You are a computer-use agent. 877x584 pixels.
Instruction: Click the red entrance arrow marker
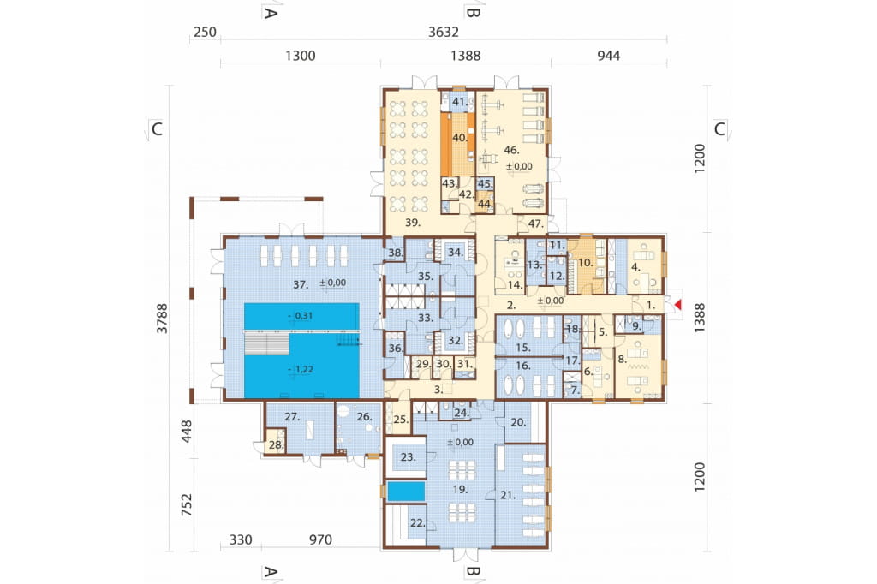pyautogui.click(x=678, y=305)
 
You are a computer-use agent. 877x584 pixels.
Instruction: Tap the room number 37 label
pyautogui.click(x=301, y=285)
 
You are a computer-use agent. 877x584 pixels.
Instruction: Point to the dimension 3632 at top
pyautogui.click(x=444, y=32)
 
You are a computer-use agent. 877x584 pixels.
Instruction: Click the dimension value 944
pyautogui.click(x=609, y=56)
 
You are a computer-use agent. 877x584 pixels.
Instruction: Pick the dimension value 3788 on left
pyautogui.click(x=162, y=319)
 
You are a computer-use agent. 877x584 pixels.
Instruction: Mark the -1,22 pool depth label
pyautogui.click(x=301, y=370)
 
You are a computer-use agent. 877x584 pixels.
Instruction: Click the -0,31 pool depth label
pyautogui.click(x=301, y=316)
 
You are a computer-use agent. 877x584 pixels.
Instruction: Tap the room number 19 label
pyautogui.click(x=460, y=490)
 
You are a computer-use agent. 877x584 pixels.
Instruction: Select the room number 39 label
pyautogui.click(x=413, y=223)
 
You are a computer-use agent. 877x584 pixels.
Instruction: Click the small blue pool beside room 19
pyautogui.click(x=405, y=492)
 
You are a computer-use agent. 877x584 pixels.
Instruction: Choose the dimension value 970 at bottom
pyautogui.click(x=320, y=539)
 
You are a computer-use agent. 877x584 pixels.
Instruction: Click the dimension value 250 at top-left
pyautogui.click(x=205, y=32)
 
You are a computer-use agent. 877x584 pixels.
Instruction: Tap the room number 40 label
pyautogui.click(x=460, y=138)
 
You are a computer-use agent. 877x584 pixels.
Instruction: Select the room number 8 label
pyautogui.click(x=623, y=360)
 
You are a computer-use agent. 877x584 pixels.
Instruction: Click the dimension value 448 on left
pyautogui.click(x=186, y=432)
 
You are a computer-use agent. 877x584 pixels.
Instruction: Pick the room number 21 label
pyautogui.click(x=508, y=495)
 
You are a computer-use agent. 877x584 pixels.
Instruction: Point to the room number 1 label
pyautogui.click(x=651, y=306)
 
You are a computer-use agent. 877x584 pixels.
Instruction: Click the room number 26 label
pyautogui.click(x=364, y=417)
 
